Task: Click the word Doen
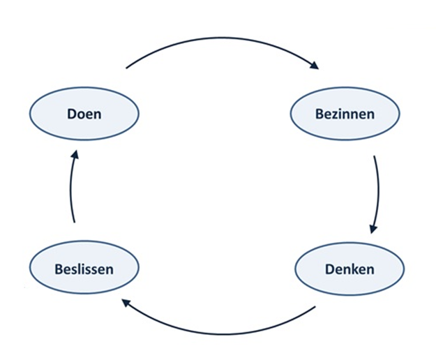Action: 84,114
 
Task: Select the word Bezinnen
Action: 345,114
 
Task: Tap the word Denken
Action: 349,269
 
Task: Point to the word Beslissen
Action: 84,269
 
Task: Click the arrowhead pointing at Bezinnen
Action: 314,66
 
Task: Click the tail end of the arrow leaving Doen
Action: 126,68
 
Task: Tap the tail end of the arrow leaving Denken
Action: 315,307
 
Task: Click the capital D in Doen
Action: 72,114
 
